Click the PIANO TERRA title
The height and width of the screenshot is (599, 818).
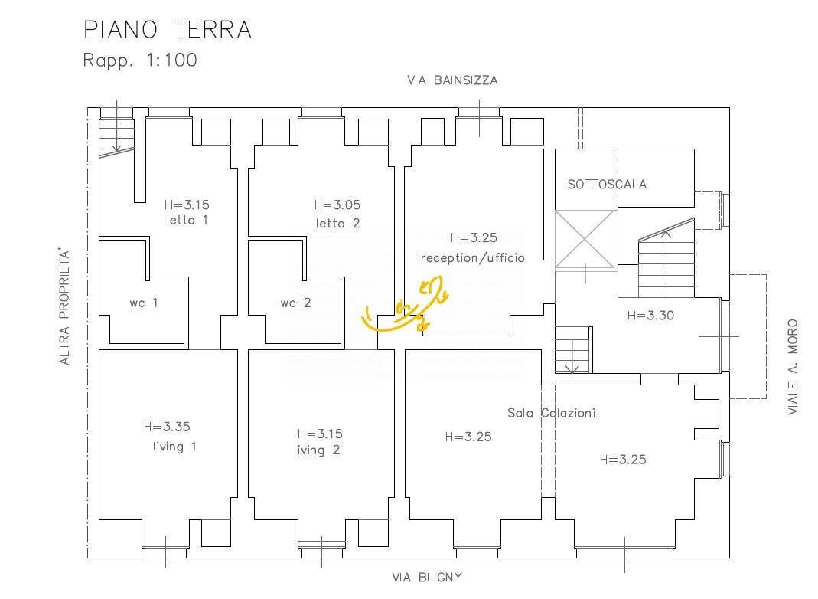point(168,29)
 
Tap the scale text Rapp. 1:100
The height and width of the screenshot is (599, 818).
point(140,60)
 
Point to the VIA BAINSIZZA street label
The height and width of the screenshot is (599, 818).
point(452,80)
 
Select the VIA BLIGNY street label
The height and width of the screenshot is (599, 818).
point(427,577)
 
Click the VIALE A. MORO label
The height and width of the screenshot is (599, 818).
point(793,367)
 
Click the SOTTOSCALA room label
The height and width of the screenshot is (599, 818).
point(608,184)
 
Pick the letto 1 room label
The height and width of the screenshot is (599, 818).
point(187,220)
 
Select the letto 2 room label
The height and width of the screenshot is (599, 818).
point(338,223)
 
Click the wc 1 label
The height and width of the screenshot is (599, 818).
point(143,303)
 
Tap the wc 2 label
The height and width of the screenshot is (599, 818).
point(295,303)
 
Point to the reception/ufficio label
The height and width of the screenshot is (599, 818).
point(473,257)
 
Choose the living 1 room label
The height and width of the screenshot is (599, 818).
point(174,447)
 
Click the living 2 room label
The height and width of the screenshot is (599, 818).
point(317,450)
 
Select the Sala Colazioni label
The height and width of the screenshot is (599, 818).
point(552,413)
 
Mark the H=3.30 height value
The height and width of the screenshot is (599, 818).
point(650,316)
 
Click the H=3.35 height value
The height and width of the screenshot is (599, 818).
point(167,427)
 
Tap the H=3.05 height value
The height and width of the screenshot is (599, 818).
point(337,205)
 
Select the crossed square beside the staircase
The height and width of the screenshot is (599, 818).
point(585,239)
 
